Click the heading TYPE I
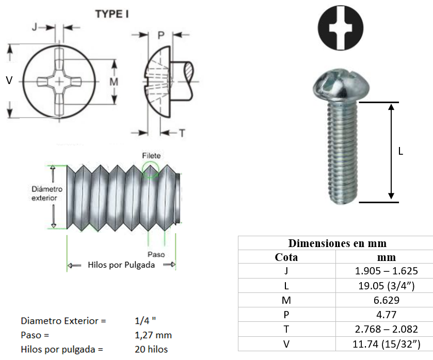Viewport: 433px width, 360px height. (x=112, y=14)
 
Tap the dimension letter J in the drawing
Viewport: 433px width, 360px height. (x=35, y=27)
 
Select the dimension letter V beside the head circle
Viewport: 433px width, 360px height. (x=9, y=80)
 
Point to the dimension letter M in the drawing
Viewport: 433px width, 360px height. (x=114, y=81)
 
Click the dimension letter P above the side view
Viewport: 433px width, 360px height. (x=161, y=35)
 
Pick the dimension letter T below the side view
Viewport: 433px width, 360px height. (x=182, y=133)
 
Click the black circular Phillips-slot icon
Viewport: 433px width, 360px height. (x=341, y=29)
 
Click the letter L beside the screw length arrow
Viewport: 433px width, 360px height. (x=400, y=152)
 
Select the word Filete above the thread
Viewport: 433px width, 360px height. (x=151, y=156)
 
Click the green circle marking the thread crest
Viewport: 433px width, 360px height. (x=150, y=170)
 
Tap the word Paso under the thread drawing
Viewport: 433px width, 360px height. (x=156, y=255)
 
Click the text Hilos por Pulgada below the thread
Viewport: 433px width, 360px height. (x=121, y=265)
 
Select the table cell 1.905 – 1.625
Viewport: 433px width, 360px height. (x=386, y=271)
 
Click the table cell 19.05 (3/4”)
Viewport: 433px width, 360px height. (x=386, y=285)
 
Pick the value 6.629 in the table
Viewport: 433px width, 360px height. (x=386, y=300)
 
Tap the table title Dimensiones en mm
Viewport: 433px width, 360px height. (x=337, y=243)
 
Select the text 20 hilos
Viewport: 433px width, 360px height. (x=151, y=349)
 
